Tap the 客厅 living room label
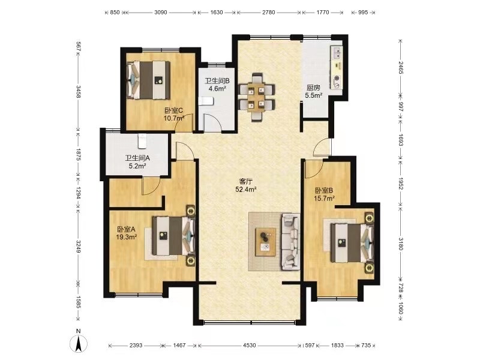coord(245,182)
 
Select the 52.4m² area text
coord(245,190)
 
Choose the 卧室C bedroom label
coord(173,110)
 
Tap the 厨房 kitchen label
coord(313,88)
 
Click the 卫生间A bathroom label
coord(137,158)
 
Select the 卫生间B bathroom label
coord(217,81)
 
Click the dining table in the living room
coord(257,97)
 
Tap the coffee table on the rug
coord(266,242)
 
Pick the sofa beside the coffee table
coord(290,242)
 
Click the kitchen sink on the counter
coord(337,53)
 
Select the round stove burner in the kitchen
coord(337,78)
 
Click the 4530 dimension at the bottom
coord(250,346)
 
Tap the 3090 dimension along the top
coord(160,13)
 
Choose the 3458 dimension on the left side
coord(79,92)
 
